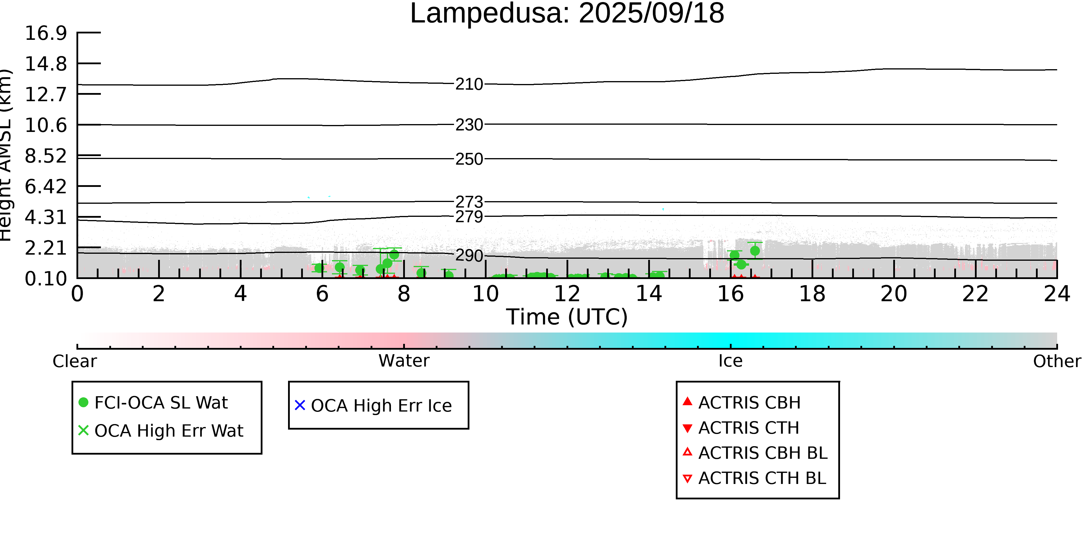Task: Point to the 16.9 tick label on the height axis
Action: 46,33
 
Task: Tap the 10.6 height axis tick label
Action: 46,125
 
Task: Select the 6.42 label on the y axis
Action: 46,187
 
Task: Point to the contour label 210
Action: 469,84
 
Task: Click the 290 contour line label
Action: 469,255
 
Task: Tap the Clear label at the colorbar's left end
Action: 74,361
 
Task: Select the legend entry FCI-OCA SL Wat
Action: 161,402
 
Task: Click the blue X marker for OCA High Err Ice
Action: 300,405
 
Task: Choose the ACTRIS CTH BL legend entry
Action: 762,478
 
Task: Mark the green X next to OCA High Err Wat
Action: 83,430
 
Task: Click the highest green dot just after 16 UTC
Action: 755,251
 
